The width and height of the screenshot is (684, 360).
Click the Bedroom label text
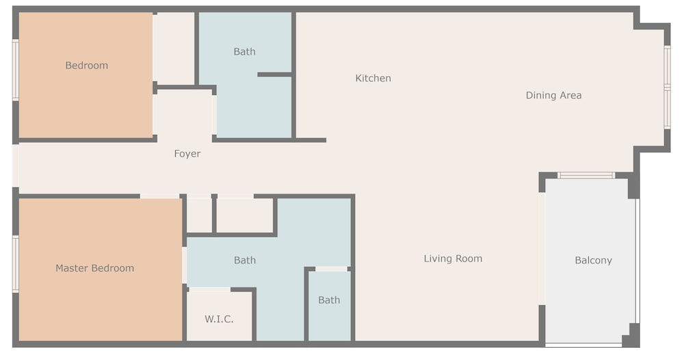86,66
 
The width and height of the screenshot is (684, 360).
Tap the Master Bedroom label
94,268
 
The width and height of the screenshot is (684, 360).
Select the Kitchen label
373,78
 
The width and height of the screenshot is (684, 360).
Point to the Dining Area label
553,95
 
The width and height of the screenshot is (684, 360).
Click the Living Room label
453,258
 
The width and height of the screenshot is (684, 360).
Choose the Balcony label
593,261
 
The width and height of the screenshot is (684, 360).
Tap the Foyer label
187,153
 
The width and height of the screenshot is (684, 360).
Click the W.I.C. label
219,319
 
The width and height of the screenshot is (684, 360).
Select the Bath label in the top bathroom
244,51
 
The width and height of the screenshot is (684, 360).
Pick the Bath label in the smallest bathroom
329,300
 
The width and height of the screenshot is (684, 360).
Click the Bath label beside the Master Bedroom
245,260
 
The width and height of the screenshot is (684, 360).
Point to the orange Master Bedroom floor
101,305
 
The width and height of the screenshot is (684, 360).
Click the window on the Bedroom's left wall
15,70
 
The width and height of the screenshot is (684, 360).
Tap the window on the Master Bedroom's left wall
15,264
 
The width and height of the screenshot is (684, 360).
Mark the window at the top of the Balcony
586,175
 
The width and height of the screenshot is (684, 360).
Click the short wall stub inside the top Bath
274,75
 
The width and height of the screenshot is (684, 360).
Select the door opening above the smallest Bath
332,269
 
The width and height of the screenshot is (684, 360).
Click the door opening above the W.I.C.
210,290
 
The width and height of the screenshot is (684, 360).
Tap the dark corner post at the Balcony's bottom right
631,335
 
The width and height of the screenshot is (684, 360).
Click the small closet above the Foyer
176,48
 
